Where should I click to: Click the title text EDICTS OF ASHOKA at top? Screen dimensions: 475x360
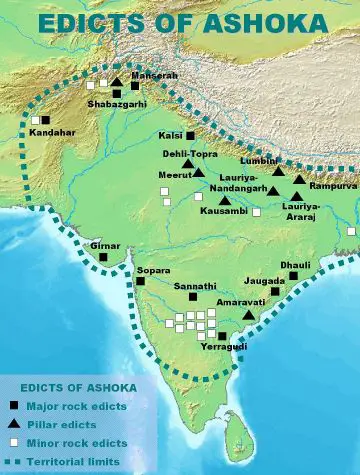[180, 21]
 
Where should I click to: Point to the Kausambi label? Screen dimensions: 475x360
[222, 214]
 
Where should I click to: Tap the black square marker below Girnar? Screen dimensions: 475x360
[103, 258]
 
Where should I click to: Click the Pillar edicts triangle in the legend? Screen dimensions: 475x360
[13, 424]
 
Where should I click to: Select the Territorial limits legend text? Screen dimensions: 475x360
[75, 461]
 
